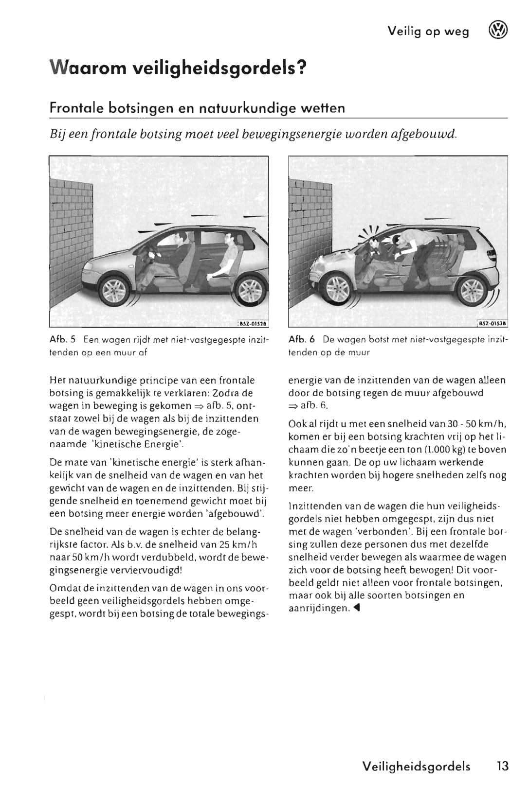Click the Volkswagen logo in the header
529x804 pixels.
[x=497, y=31]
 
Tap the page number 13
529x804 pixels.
[x=502, y=766]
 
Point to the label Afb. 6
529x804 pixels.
[x=302, y=339]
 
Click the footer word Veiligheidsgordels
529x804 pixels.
[x=416, y=767]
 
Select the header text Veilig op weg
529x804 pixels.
[x=428, y=32]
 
